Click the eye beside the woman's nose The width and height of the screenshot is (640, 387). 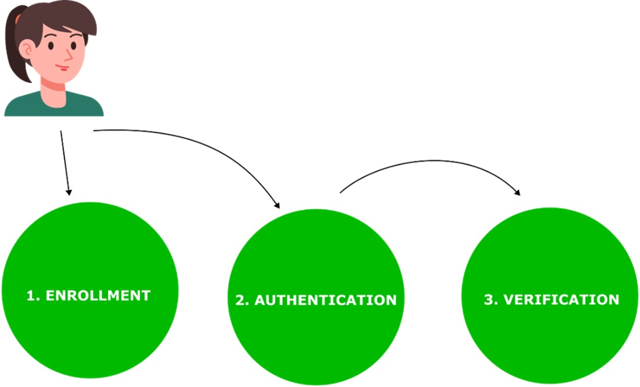[73, 45]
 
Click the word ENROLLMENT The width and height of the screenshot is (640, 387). [98, 295]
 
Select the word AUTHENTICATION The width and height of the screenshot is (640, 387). [325, 300]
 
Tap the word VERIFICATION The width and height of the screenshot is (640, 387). [561, 299]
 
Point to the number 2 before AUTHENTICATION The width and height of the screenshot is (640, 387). [239, 300]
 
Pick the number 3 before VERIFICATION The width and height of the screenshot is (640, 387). [488, 300]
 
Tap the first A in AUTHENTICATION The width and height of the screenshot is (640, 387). [261, 300]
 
